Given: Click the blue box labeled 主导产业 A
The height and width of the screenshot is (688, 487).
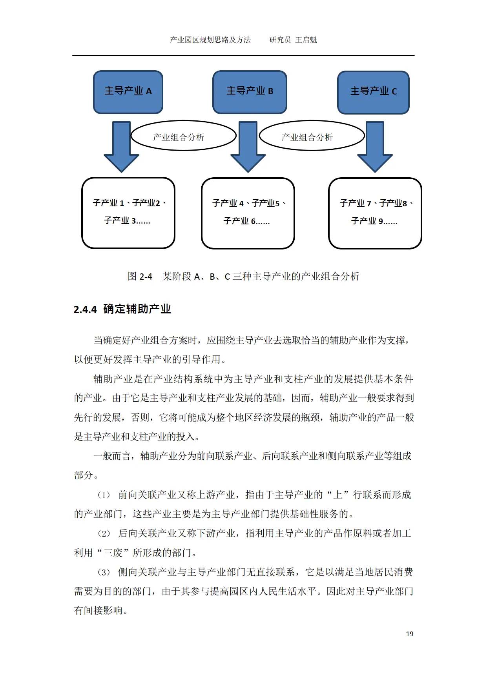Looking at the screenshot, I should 128,92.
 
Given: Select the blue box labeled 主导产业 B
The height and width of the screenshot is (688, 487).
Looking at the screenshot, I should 250,92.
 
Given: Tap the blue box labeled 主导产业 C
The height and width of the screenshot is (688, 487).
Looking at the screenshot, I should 373,93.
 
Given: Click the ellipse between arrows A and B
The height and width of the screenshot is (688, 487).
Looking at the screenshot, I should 183,136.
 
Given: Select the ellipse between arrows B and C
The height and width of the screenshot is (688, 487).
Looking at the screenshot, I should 312,136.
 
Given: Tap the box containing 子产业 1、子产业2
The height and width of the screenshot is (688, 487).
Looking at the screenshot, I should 128,213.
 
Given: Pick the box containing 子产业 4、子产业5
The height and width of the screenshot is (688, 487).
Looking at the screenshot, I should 248,213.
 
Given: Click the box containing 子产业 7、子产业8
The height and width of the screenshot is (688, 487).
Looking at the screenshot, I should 375,213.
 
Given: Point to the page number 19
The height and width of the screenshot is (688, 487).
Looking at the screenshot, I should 409,634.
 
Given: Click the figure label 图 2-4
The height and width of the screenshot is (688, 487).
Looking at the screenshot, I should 140,277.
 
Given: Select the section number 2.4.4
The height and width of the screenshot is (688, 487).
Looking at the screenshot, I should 85,309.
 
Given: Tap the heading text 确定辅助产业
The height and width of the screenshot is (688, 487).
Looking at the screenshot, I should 137,309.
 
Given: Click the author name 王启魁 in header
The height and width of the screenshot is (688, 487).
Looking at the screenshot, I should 306,40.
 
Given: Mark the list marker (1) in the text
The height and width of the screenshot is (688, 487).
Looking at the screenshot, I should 104,495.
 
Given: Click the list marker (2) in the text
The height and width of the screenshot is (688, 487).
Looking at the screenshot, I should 104,533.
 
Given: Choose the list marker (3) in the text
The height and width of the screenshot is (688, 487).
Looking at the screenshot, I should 104,572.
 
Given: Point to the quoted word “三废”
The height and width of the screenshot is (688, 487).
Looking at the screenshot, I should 113,553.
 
